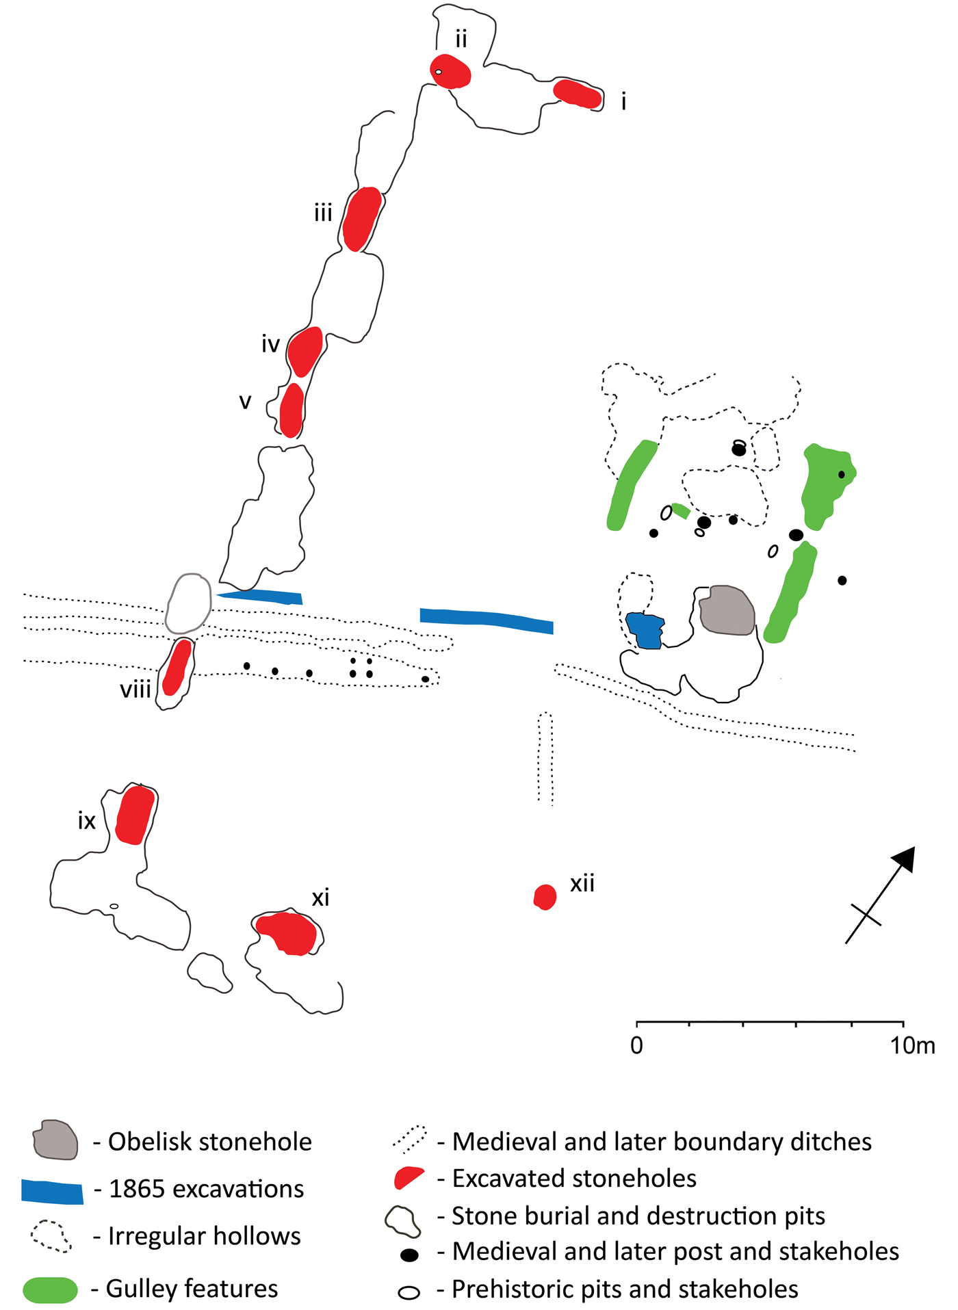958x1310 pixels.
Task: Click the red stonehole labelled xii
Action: click(x=545, y=896)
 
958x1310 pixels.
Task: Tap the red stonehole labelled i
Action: click(x=578, y=94)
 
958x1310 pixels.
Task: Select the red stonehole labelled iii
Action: click(x=362, y=218)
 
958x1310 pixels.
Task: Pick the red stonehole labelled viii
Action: click(x=177, y=667)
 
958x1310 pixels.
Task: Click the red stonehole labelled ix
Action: click(x=135, y=815)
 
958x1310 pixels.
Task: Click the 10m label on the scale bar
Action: click(x=912, y=1046)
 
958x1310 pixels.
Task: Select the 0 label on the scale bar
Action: click(x=636, y=1046)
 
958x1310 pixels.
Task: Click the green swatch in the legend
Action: click(x=51, y=1289)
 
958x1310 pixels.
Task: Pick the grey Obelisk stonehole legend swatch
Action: click(x=55, y=1140)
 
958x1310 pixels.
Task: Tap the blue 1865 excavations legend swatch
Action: click(x=52, y=1191)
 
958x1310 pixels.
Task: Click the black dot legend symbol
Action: click(x=409, y=1255)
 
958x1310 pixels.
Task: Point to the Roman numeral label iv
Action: click(x=271, y=344)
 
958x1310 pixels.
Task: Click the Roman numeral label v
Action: click(x=245, y=401)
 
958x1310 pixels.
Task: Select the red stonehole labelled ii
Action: click(x=451, y=71)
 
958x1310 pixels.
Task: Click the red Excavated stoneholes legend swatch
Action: click(x=409, y=1178)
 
